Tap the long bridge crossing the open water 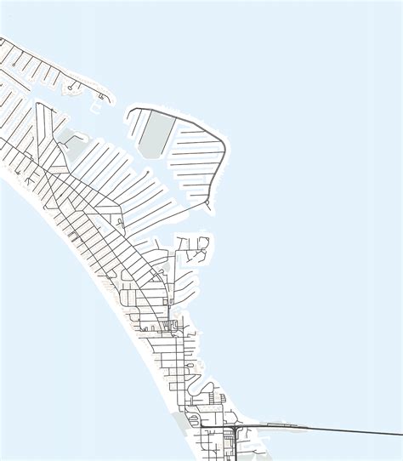(340, 428)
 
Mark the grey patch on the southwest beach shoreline (183, 419)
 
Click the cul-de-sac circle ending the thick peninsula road (207, 204)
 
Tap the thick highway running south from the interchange (234, 447)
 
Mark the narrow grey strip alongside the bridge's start (281, 423)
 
